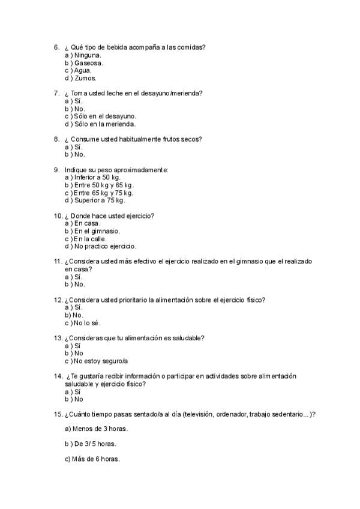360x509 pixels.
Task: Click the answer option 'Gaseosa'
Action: pos(88,62)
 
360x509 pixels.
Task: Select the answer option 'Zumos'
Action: pos(86,78)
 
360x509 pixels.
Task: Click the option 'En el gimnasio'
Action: pos(97,231)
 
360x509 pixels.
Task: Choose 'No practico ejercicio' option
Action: pos(105,246)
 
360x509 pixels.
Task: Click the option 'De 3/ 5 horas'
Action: pos(94,444)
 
